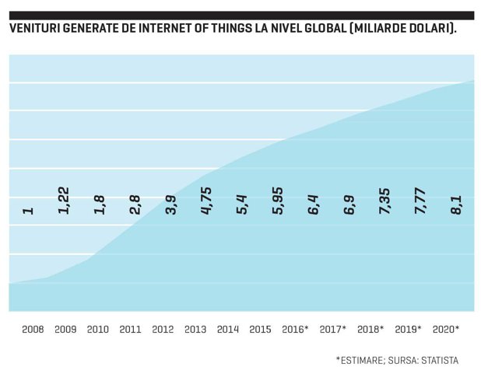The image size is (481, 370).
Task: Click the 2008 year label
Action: click(33, 330)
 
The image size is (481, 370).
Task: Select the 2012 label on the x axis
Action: click(163, 330)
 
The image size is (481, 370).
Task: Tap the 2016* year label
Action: click(295, 330)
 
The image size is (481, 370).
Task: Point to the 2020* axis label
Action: click(446, 330)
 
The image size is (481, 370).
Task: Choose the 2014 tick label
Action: click(228, 330)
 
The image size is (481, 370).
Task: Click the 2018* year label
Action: click(370, 330)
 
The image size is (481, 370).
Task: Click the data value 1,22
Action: click(64, 201)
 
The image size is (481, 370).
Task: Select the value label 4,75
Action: click(206, 201)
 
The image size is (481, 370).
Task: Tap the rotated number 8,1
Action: click(456, 205)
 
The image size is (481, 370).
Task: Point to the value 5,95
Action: click(278, 201)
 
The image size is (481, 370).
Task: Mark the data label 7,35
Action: click(384, 201)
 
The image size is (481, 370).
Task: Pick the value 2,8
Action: click(135, 204)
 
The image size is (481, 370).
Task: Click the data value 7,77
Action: click(420, 201)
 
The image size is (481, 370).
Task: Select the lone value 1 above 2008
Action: click(28, 211)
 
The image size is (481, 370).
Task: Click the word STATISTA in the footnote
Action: click(440, 361)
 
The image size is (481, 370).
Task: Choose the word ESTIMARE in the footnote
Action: click(361, 361)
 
